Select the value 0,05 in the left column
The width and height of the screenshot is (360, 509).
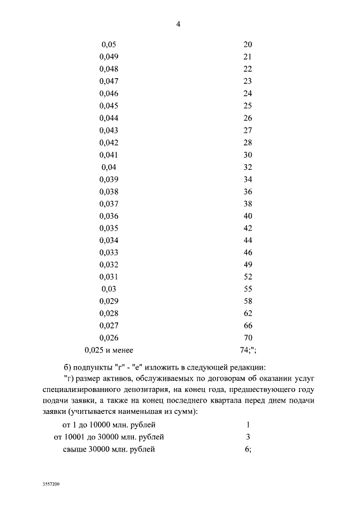point(109,44)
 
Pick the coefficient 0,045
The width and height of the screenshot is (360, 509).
point(109,106)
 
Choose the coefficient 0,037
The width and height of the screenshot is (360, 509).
point(109,204)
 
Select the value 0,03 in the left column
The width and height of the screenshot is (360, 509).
point(109,289)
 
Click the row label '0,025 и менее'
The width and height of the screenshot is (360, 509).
point(109,350)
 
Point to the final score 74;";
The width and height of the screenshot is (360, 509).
point(247,350)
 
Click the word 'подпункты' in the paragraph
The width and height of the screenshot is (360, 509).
point(91,368)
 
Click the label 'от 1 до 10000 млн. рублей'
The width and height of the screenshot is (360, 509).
point(109,424)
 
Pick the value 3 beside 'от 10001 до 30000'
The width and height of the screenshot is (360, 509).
point(247,436)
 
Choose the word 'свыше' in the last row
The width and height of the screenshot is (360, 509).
point(74,449)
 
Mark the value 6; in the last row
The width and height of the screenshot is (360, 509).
point(248,449)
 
